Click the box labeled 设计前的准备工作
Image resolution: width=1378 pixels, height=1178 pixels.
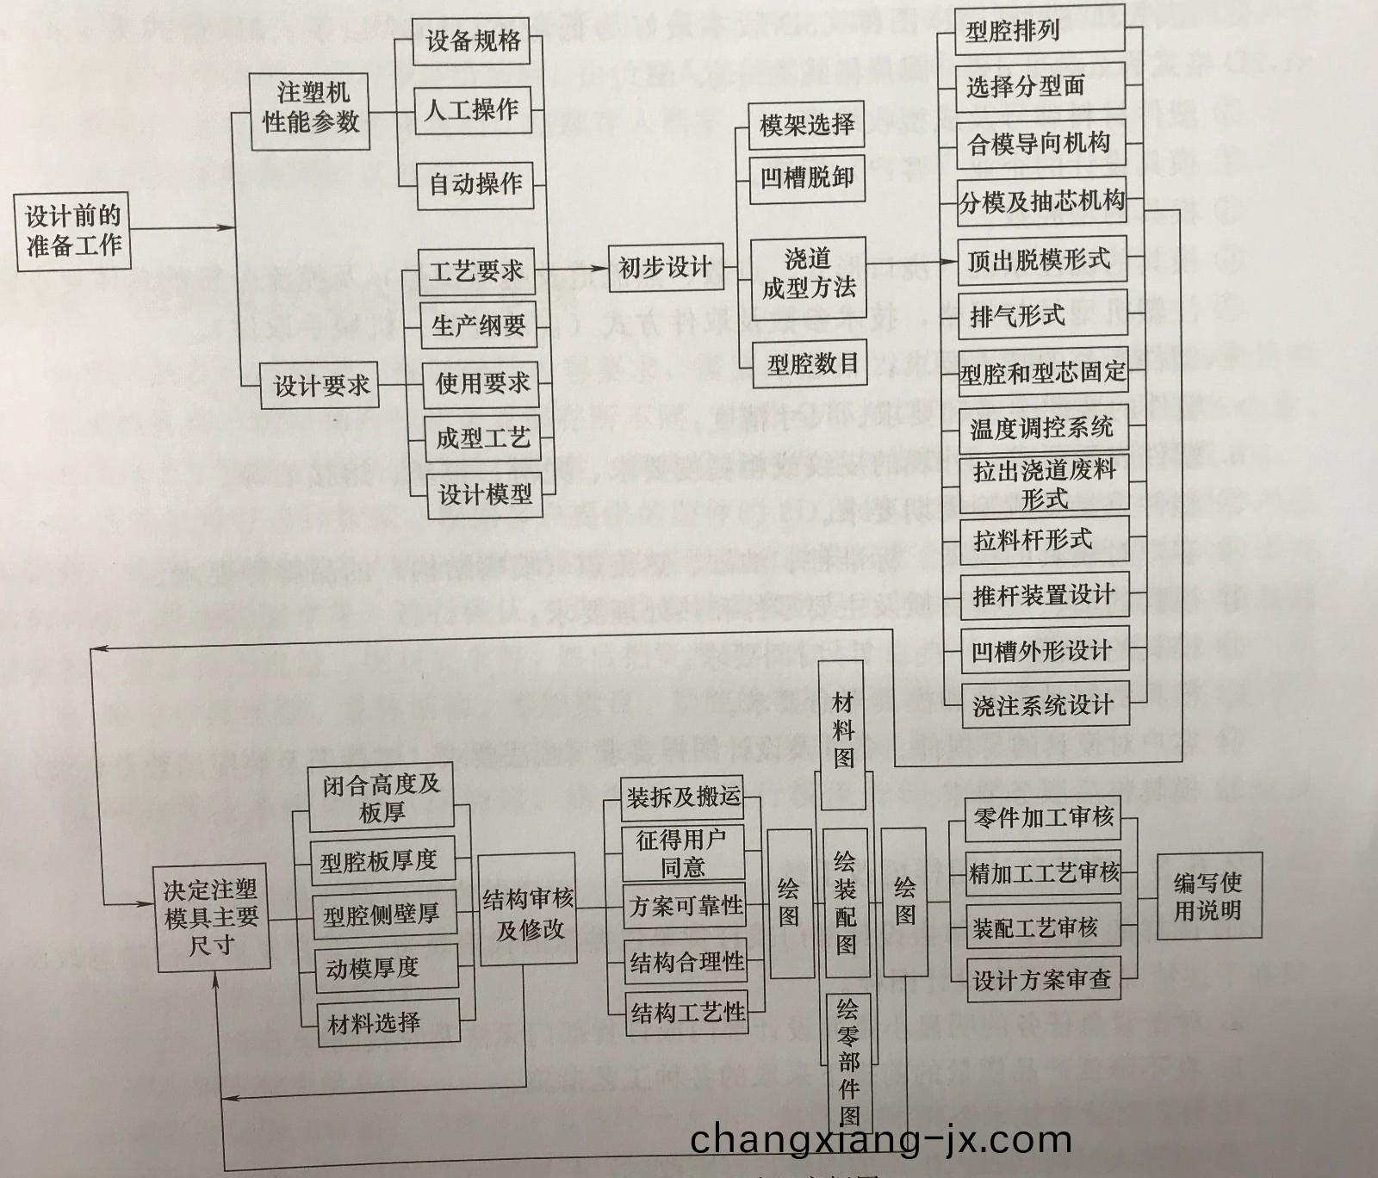pyautogui.click(x=74, y=231)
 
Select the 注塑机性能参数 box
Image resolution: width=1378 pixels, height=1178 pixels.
pyautogui.click(x=310, y=108)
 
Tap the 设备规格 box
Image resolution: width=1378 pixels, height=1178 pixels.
pyautogui.click(x=472, y=40)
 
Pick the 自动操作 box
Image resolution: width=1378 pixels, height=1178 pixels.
pyautogui.click(x=475, y=183)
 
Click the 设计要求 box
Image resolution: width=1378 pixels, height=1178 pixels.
pyautogui.click(x=320, y=387)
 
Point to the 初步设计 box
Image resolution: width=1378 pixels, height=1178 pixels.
pyautogui.click(x=663, y=268)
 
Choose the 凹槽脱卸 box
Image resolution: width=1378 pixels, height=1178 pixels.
pyautogui.click(x=806, y=179)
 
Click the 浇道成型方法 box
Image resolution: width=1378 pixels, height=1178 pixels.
pyautogui.click(x=808, y=274)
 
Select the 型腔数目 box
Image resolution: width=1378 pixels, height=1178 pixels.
pyautogui.click(x=812, y=364)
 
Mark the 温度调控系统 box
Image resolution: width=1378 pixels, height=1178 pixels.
pyautogui.click(x=1042, y=428)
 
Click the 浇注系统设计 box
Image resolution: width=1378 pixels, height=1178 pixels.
pyautogui.click(x=1043, y=706)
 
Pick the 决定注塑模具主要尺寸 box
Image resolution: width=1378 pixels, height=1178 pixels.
pyautogui.click(x=211, y=918)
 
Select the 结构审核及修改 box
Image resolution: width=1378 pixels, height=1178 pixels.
pyautogui.click(x=528, y=913)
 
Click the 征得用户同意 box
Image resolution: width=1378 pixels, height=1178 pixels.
pyautogui.click(x=683, y=852)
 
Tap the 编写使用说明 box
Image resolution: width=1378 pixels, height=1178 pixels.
pyautogui.click(x=1207, y=896)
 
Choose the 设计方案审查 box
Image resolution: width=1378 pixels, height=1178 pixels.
pyautogui.click(x=1042, y=980)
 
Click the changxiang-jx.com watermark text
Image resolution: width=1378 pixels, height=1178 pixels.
pyautogui.click(x=880, y=1140)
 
